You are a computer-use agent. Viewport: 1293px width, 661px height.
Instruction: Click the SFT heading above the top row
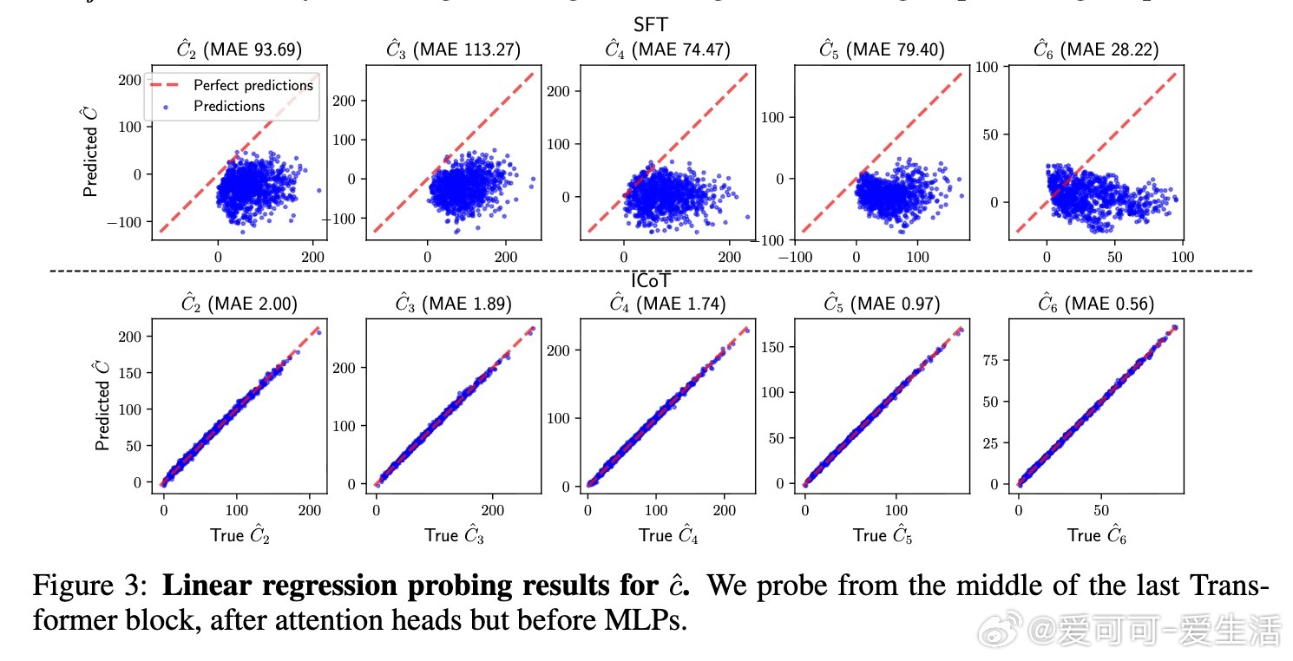coord(650,25)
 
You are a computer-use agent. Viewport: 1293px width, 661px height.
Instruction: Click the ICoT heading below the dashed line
coord(650,280)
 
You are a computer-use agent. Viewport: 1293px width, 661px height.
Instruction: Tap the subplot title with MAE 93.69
coord(239,50)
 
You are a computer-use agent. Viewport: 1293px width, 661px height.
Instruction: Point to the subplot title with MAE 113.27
coord(453,50)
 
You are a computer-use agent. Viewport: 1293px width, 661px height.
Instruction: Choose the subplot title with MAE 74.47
coord(666,50)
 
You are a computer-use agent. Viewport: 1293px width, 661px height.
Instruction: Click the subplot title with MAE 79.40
coord(881,50)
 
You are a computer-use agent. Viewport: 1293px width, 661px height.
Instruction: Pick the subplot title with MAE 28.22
coord(1095,50)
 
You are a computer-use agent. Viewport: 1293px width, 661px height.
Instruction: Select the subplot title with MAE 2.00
coord(239,304)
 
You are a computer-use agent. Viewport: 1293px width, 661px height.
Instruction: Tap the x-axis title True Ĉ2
coord(240,535)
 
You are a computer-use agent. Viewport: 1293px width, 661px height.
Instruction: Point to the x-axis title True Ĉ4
coord(668,535)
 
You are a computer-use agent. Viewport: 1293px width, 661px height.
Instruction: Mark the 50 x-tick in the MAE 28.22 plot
coord(1114,257)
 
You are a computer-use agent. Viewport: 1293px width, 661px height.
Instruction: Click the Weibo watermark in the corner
coord(1128,635)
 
